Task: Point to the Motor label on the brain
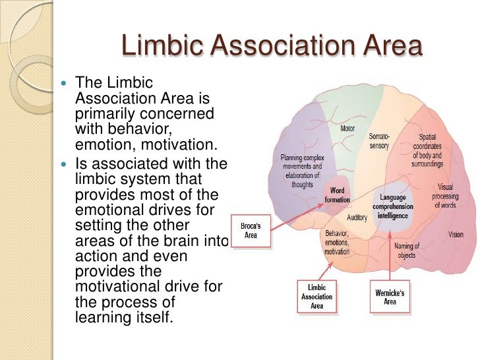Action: pos(347,129)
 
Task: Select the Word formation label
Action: pos(338,195)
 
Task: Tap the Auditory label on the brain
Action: pos(357,216)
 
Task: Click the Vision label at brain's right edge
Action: pos(456,235)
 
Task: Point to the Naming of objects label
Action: pos(407,251)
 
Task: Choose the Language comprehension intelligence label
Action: pos(393,206)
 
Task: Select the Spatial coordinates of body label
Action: pos(428,150)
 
